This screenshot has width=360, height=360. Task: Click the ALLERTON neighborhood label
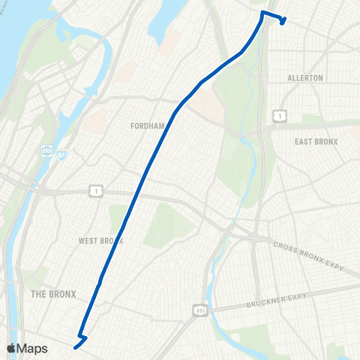pyautogui.click(x=305, y=78)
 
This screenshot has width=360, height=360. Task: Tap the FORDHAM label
pyautogui.click(x=147, y=126)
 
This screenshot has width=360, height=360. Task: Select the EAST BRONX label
pyautogui.click(x=316, y=142)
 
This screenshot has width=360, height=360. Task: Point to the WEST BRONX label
pyautogui.click(x=100, y=241)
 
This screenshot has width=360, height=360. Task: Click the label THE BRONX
pyautogui.click(x=54, y=294)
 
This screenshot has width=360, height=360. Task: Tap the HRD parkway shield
pyautogui.click(x=46, y=151)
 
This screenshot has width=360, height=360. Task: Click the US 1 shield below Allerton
pyautogui.click(x=278, y=115)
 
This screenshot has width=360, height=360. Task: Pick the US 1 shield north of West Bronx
pyautogui.click(x=96, y=191)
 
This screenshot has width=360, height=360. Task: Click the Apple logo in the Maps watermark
pyautogui.click(x=12, y=348)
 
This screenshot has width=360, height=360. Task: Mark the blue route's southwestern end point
pyautogui.click(x=74, y=346)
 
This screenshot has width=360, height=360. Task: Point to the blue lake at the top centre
pyautogui.click(x=160, y=26)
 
